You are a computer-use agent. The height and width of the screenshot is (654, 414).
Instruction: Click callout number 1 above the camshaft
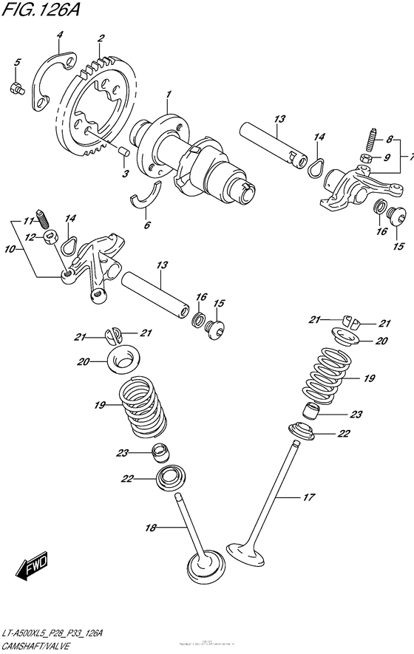pyautogui.click(x=169, y=95)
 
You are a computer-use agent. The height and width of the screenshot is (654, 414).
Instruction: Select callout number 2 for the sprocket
pyautogui.click(x=101, y=38)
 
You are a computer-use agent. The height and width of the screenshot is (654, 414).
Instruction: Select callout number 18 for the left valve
pyautogui.click(x=151, y=527)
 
